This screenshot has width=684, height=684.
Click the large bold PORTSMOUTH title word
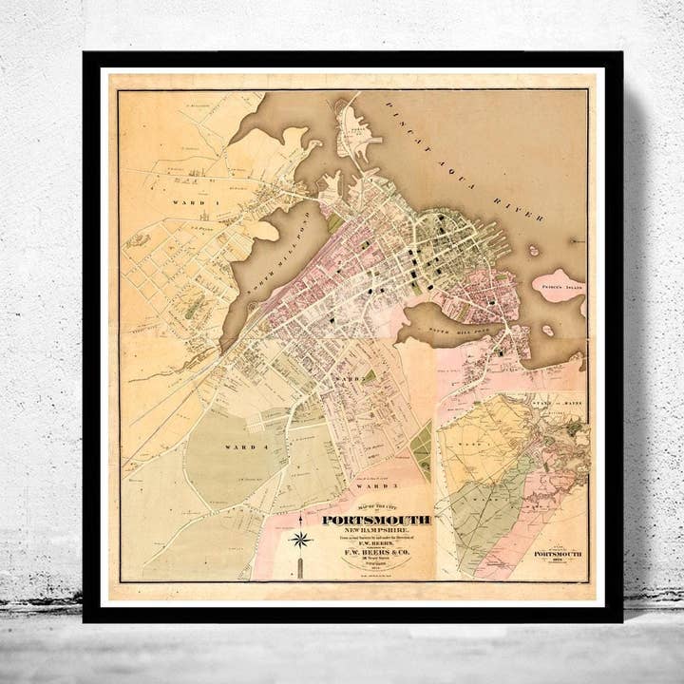[x=376, y=520]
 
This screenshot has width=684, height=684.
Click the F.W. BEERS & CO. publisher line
[x=376, y=557]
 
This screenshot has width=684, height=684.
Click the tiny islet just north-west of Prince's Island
[x=534, y=252]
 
